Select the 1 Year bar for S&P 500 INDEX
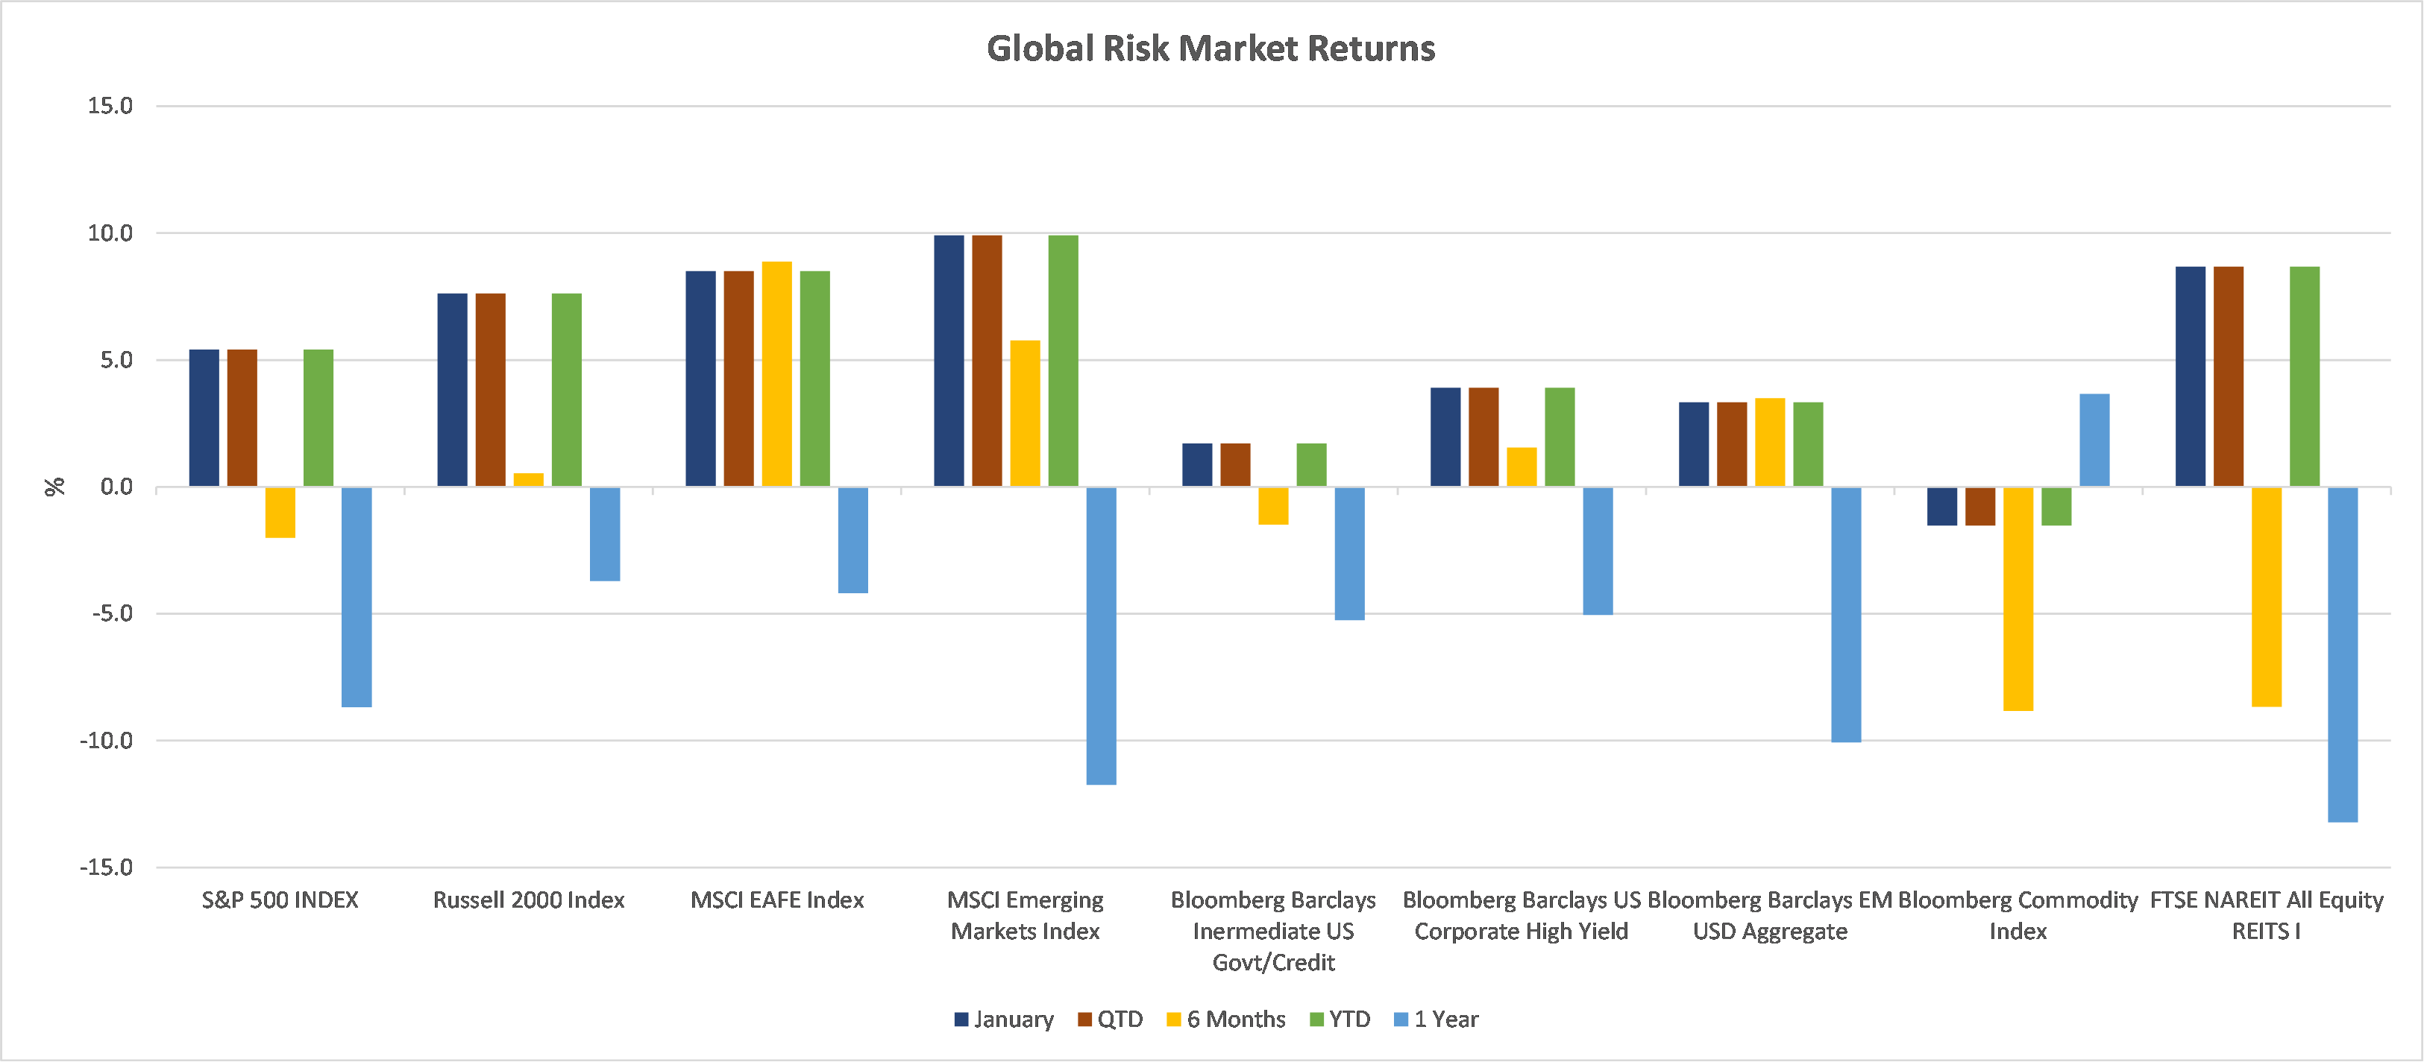[357, 596]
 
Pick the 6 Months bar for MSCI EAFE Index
[776, 374]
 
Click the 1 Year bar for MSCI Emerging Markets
[1101, 635]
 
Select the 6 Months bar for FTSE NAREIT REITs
[2266, 596]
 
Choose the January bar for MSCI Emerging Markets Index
[949, 361]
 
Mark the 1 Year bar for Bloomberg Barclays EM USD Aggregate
[1845, 614]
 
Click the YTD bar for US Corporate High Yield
[1560, 437]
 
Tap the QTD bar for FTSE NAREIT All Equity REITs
[2229, 376]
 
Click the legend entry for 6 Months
[1226, 1020]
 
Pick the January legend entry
[1004, 1020]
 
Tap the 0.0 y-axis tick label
[116, 487]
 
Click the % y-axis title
[54, 487]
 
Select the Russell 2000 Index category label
[529, 900]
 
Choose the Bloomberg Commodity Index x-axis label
[2018, 915]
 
